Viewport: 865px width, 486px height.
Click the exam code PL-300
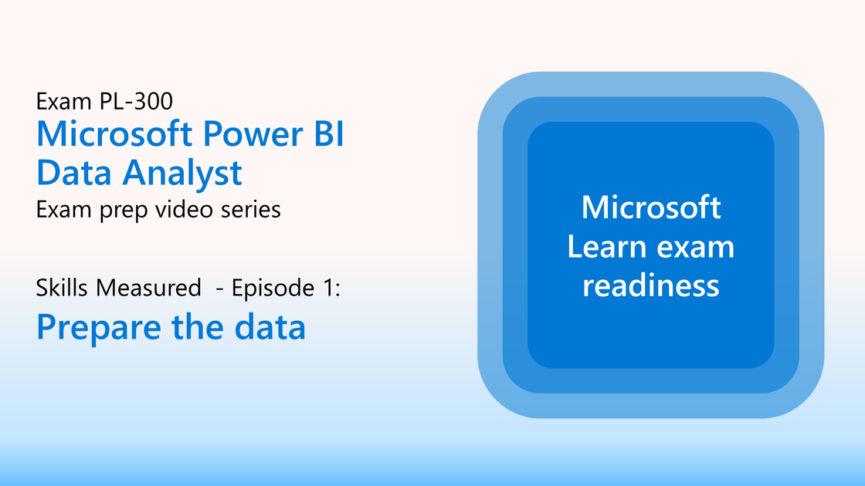click(136, 101)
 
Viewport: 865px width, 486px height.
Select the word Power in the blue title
click(253, 134)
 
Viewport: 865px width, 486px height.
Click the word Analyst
click(182, 174)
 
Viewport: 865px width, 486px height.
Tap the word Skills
click(62, 288)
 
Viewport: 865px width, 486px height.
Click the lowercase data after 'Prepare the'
click(270, 327)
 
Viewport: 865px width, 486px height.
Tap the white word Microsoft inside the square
click(651, 208)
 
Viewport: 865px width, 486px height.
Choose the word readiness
click(651, 286)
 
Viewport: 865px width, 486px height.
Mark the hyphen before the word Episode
click(219, 289)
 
